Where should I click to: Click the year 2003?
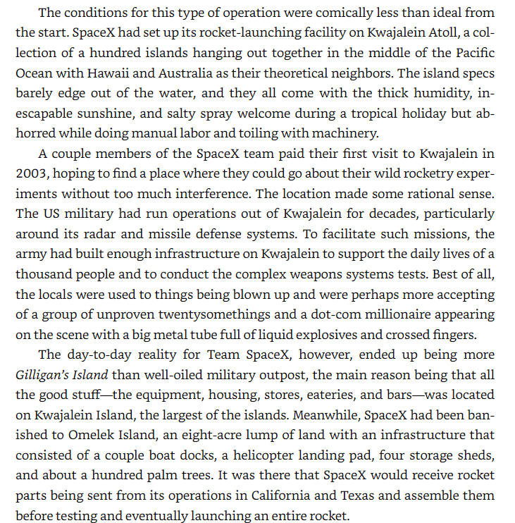(x=30, y=173)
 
